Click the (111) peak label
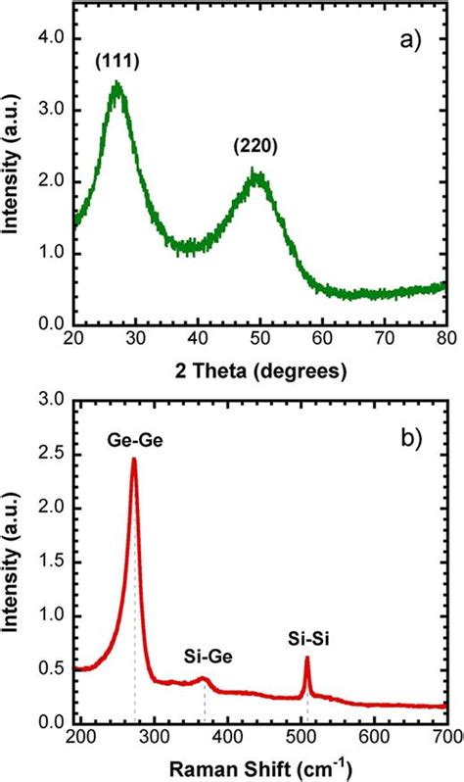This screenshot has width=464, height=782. (117, 62)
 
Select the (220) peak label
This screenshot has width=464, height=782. (256, 147)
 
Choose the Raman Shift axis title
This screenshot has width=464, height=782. (260, 766)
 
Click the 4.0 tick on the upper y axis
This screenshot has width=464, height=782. (49, 38)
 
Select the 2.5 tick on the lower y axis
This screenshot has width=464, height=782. (49, 455)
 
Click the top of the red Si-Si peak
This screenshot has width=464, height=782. (306, 658)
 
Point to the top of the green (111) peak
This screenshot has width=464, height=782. (117, 85)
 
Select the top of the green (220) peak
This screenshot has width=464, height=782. (256, 172)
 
